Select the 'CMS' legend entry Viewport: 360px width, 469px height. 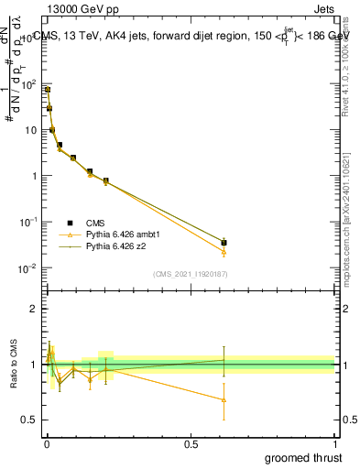click(95, 223)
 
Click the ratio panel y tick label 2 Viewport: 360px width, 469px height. click(34, 309)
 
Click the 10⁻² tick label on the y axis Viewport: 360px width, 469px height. click(27, 267)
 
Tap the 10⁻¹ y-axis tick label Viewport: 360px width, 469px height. click(27, 222)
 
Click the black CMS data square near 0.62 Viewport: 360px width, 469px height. click(224, 243)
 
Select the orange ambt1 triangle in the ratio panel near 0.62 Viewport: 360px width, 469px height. click(224, 399)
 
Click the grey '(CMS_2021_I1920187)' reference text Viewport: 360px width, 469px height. click(190, 274)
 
